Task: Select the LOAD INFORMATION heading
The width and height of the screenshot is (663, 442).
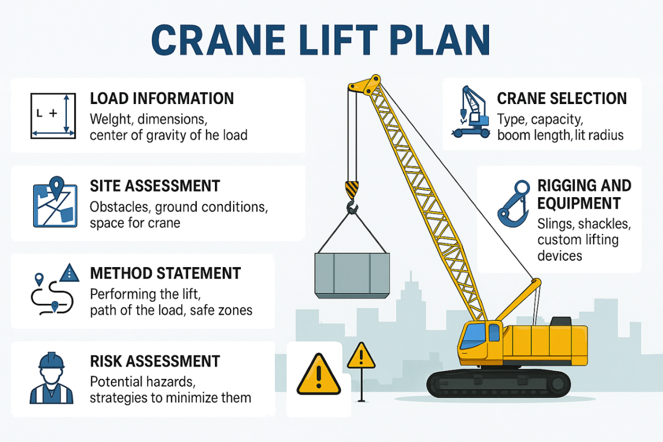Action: click(162, 98)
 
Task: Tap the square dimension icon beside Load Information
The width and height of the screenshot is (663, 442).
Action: click(53, 116)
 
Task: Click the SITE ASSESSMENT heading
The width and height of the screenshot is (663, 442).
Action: click(155, 186)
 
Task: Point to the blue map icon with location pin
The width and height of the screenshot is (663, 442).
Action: click(55, 202)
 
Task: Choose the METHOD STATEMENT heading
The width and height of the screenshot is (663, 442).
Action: click(165, 273)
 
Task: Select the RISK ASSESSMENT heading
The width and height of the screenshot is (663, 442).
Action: click(155, 361)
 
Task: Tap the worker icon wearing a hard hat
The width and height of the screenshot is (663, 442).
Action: click(51, 378)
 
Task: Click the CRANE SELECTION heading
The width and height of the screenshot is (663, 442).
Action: click(562, 98)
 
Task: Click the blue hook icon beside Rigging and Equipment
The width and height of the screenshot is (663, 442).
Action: click(513, 203)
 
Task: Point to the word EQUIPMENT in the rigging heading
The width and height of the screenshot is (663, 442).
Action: click(579, 203)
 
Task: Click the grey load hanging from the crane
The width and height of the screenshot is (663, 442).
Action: click(352, 275)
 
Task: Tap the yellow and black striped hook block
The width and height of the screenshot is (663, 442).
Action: click(352, 189)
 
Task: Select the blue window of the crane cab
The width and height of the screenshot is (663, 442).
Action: click(474, 336)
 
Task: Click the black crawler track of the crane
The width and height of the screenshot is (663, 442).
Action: click(498, 384)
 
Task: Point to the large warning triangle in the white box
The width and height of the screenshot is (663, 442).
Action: click(319, 375)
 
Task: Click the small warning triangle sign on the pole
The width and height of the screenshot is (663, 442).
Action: click(361, 356)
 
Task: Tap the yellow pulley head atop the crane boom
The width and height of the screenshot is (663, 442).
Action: click(365, 85)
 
